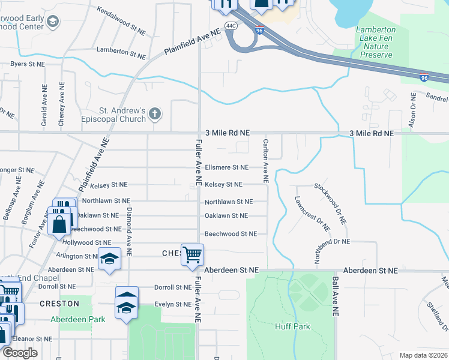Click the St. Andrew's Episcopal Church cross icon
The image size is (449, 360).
155,113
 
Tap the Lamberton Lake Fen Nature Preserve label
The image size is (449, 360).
376,42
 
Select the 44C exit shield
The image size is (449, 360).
231,25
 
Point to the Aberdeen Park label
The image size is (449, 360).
77,319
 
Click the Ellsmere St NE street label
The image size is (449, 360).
226,167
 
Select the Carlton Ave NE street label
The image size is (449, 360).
265,161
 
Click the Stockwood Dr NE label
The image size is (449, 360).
330,203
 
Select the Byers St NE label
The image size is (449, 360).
28,64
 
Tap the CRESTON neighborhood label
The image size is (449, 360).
59,304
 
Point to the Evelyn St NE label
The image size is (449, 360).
172,304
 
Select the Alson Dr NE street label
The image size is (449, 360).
413,109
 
